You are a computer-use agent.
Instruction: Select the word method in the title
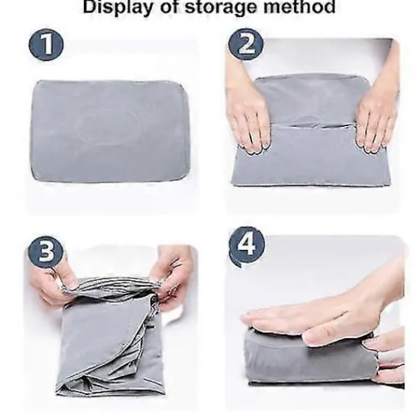(300, 6)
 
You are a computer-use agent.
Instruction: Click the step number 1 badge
(46, 45)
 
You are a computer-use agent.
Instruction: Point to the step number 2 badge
(246, 45)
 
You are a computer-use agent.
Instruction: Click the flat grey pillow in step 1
(110, 132)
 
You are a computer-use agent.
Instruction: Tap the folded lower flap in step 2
(311, 155)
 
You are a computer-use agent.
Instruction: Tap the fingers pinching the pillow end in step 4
(386, 353)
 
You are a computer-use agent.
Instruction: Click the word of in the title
(169, 6)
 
